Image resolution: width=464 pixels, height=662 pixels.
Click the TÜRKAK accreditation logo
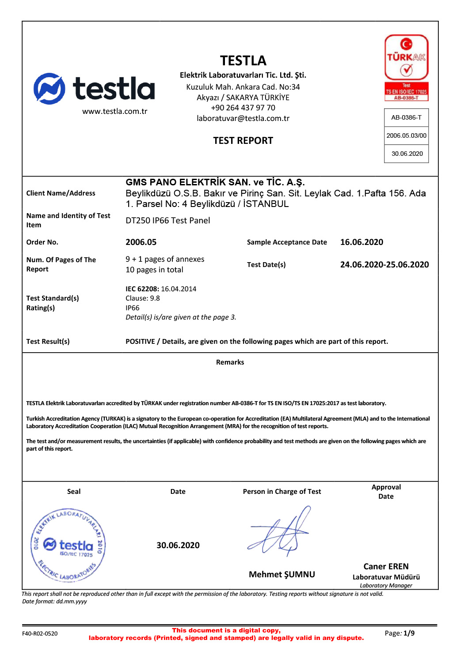click(407, 68)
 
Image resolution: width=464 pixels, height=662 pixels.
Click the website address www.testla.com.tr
click(115, 111)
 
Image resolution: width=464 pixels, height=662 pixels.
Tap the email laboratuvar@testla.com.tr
click(243, 118)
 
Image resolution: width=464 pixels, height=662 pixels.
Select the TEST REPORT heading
click(243, 141)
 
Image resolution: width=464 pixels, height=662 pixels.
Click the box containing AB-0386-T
click(407, 117)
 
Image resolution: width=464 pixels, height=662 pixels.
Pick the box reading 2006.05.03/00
click(407, 135)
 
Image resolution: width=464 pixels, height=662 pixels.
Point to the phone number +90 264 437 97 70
click(243, 108)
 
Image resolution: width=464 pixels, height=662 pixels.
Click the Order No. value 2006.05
click(141, 242)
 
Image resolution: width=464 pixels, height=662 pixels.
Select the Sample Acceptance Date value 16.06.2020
click(361, 242)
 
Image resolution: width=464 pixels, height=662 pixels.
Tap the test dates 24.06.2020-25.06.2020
click(384, 264)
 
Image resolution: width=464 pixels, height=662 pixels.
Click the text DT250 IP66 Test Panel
click(168, 221)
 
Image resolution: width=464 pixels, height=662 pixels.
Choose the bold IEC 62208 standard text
click(142, 289)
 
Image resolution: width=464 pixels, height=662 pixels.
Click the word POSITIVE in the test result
click(140, 342)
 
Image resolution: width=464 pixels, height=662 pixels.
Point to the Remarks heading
click(230, 362)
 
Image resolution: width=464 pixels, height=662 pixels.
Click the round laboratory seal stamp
click(68, 545)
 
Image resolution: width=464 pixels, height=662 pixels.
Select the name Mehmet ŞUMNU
click(282, 574)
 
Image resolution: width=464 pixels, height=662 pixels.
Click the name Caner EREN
click(386, 566)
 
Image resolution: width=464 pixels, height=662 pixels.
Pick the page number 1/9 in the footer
click(409, 633)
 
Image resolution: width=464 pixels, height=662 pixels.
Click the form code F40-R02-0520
click(40, 634)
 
